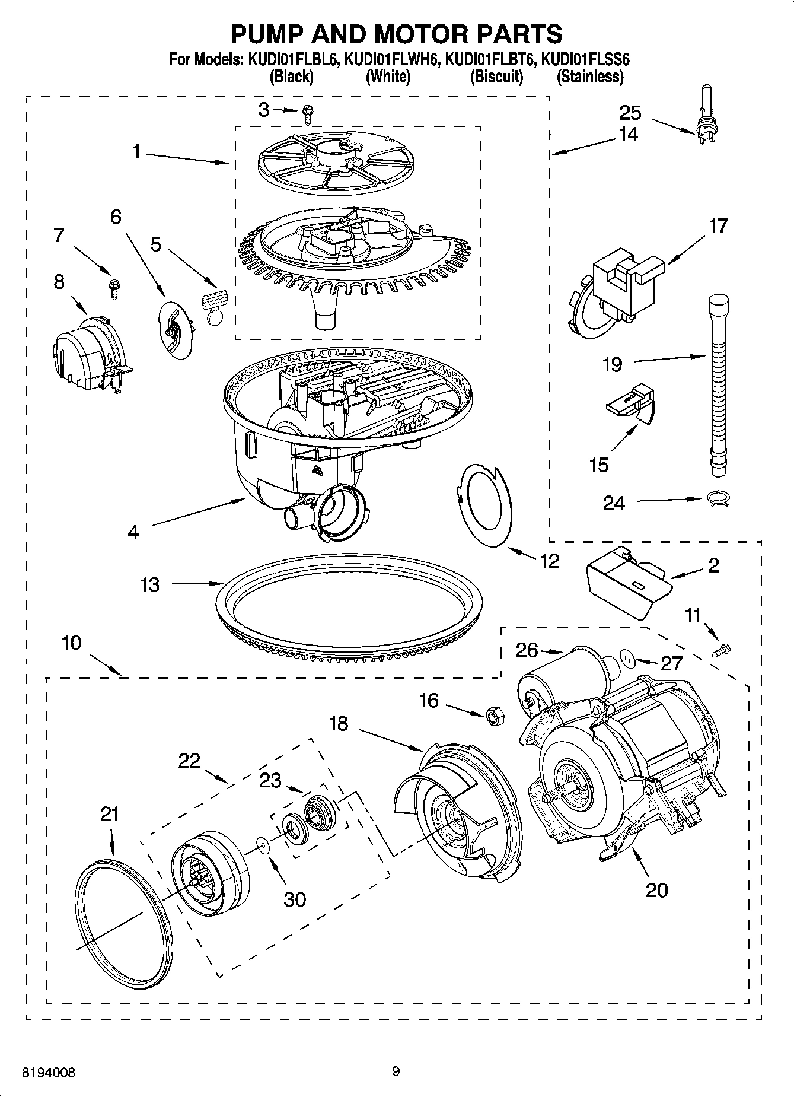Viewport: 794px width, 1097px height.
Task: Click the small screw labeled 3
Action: [307, 114]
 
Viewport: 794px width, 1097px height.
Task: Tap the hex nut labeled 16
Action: [494, 716]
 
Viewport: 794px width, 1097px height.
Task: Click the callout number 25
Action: [630, 112]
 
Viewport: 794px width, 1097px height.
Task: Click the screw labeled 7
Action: [113, 288]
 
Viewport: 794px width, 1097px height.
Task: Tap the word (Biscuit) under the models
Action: [496, 77]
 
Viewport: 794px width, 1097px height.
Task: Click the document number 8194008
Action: [49, 1072]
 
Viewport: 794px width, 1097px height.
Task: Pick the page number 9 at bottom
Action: [396, 1071]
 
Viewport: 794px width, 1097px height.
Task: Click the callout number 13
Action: [149, 584]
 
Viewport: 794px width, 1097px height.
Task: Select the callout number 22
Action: [190, 761]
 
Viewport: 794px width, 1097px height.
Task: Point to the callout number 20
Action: [656, 889]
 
